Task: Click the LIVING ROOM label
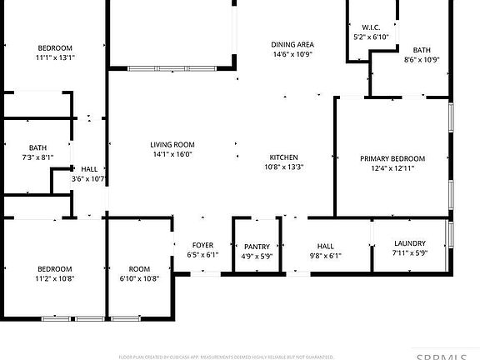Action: [172, 144]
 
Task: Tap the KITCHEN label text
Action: [283, 157]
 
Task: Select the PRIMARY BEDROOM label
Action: [392, 158]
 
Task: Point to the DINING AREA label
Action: [292, 44]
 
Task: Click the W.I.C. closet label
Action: [372, 27]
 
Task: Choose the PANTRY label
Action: [257, 247]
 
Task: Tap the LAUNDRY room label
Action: [409, 243]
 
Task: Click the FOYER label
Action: [202, 245]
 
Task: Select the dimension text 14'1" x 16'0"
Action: [172, 154]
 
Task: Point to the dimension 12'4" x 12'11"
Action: [392, 168]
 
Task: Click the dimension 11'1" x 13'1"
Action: [55, 57]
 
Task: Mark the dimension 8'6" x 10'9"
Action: [422, 59]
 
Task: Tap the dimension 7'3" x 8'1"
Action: [37, 157]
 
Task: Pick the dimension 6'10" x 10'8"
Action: [139, 278]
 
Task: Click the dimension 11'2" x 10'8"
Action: [55, 278]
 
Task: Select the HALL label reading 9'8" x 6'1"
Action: [325, 247]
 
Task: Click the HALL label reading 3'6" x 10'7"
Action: [88, 169]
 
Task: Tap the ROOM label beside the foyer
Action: [139, 268]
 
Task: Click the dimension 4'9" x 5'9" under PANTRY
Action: [257, 256]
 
